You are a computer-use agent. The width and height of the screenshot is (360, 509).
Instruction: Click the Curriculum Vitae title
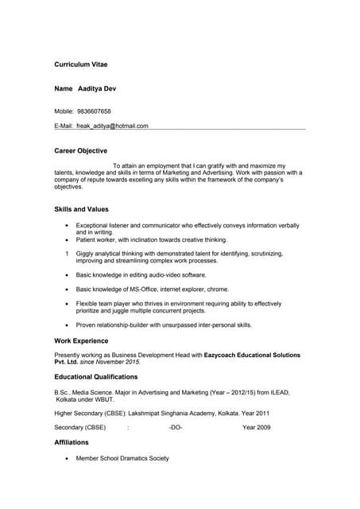click(x=80, y=64)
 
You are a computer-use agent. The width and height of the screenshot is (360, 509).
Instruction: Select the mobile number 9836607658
click(x=94, y=111)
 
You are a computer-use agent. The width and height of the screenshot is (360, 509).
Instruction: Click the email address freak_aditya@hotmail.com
click(x=112, y=126)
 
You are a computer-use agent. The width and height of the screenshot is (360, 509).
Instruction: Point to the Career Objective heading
click(x=80, y=150)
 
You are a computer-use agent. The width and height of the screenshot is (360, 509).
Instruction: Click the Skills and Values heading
click(x=81, y=209)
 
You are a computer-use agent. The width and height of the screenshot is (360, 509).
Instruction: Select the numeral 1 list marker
click(x=67, y=254)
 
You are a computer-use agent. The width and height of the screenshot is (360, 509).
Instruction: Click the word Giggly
click(x=86, y=254)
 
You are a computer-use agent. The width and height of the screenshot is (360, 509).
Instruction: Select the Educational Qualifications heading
click(x=95, y=377)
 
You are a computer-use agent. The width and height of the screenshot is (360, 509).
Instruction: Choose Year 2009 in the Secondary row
click(x=257, y=428)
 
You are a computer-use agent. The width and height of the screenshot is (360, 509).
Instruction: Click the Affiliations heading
click(x=72, y=442)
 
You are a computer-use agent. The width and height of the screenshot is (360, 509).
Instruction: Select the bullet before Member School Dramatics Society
click(x=67, y=459)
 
